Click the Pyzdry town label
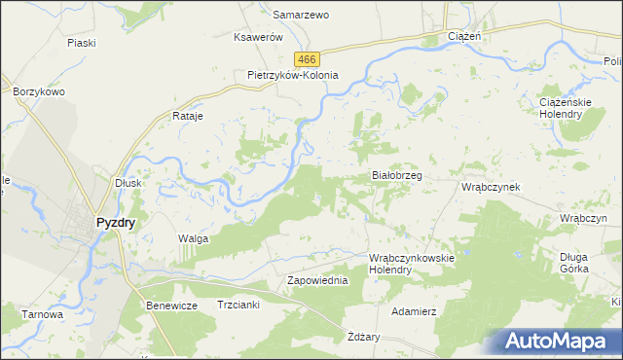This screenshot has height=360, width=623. coord(115,222)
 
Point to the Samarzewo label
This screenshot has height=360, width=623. coord(301,16)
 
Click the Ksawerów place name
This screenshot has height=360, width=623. coord(258,37)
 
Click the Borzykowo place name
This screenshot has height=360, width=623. coord(38,91)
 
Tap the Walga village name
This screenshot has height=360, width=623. coord(193,237)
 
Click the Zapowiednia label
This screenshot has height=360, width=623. coord(316,280)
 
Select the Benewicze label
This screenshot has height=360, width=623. coord(172,306)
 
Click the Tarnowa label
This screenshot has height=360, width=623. coord(45,314)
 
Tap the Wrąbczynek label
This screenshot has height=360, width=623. coord(492,186)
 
